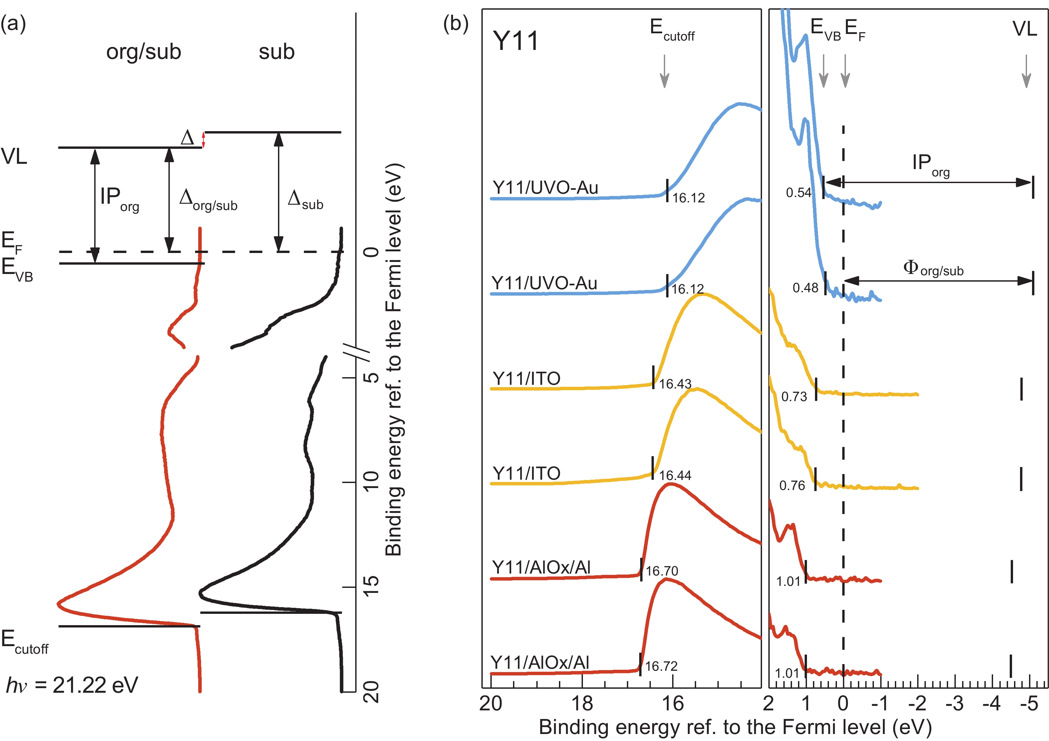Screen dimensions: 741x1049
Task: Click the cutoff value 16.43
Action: (675, 384)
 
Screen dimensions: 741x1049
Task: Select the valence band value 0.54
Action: (798, 193)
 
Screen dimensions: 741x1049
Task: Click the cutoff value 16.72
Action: (661, 666)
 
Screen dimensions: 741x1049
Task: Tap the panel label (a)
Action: (13, 23)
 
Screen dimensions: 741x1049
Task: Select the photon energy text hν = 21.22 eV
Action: (72, 685)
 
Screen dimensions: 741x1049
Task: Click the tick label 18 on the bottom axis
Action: (582, 703)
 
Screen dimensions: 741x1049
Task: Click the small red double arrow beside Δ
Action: (204, 140)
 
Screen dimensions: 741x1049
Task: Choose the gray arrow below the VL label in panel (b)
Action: (1026, 71)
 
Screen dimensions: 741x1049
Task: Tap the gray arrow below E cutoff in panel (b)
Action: (665, 71)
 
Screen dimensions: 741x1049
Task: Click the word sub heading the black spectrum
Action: (276, 52)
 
